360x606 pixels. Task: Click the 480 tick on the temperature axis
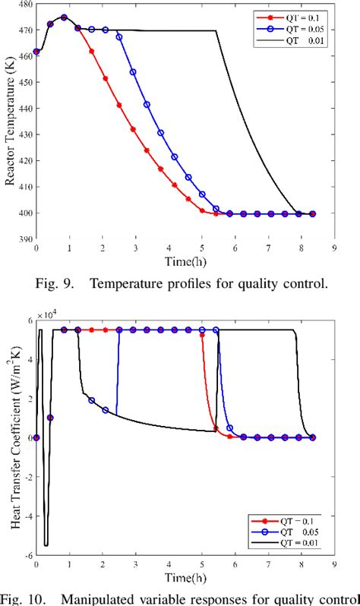coord(24,5)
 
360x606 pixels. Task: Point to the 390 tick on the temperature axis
coord(24,239)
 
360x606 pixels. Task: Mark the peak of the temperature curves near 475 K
coord(63,17)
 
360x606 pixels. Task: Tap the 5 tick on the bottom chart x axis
coord(202,564)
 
